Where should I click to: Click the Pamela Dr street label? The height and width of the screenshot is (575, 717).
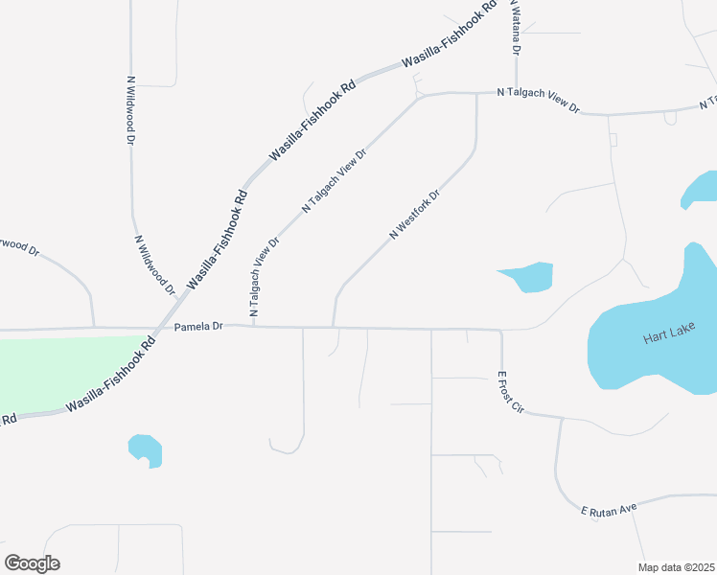click(198, 327)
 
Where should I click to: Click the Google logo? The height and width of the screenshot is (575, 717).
click(32, 563)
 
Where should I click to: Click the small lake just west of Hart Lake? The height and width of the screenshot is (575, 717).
click(529, 277)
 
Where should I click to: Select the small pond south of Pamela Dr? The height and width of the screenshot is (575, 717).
click(145, 449)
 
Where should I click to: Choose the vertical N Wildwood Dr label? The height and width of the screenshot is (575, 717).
click(130, 110)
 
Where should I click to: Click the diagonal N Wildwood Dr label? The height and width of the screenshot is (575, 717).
click(155, 264)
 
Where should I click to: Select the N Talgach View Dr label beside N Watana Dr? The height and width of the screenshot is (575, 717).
click(539, 101)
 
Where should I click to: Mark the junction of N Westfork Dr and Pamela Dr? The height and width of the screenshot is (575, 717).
click(333, 327)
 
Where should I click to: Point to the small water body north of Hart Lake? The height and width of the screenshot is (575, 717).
click(699, 189)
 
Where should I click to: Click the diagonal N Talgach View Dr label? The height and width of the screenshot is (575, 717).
click(335, 180)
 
